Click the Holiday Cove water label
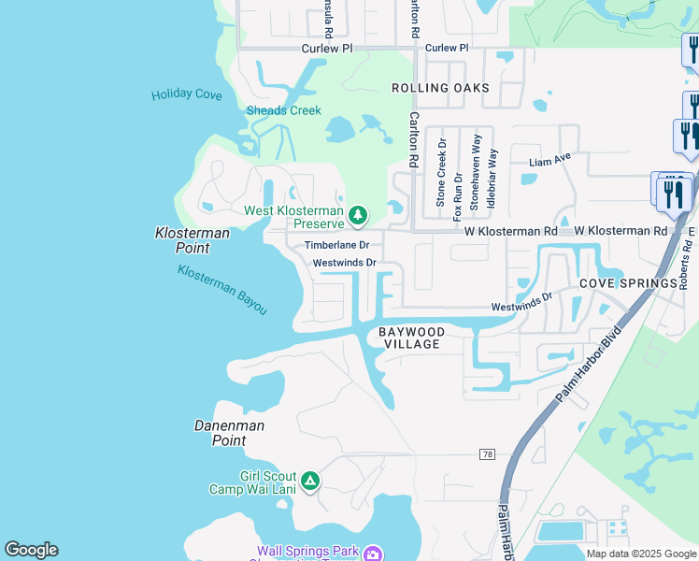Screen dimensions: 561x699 click(187, 94)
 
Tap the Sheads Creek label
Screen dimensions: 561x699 click(283, 110)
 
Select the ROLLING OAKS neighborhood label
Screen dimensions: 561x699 click(440, 88)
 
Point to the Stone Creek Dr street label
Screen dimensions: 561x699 click(442, 174)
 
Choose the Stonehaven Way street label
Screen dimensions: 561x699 click(477, 170)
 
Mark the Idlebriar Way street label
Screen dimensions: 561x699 click(492, 177)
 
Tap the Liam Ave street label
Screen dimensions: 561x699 click(549, 161)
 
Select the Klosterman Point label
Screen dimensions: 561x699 click(182, 239)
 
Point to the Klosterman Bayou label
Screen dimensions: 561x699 click(222, 289)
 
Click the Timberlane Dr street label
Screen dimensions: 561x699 click(337, 245)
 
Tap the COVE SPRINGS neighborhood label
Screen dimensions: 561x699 click(628, 283)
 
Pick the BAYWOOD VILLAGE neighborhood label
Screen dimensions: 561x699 click(412, 338)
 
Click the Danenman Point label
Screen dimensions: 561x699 click(229, 433)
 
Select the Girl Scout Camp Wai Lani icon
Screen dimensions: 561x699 click(310, 482)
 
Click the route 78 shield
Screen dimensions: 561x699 click(487, 454)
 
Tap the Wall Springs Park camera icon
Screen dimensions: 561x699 click(372, 554)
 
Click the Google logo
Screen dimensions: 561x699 click(31, 550)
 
